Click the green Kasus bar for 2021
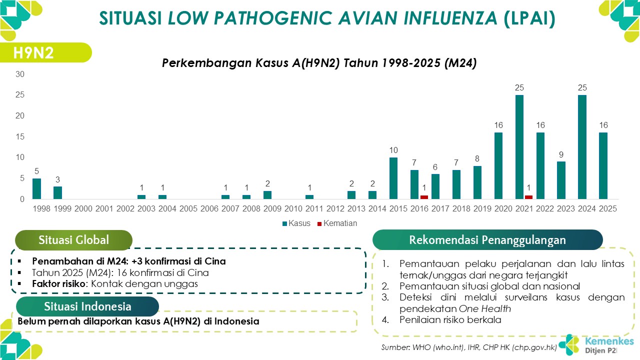pyautogui.click(x=519, y=146)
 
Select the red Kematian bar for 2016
pyautogui.click(x=424, y=197)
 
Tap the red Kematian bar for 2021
pyautogui.click(x=529, y=197)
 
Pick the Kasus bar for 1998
pyautogui.click(x=36, y=188)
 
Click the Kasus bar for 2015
pyautogui.click(x=393, y=178)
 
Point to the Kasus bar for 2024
pyautogui.click(x=582, y=146)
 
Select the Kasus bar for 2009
pyautogui.click(x=267, y=195)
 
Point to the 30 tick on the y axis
pyautogui.click(x=20, y=74)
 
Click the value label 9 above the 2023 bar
pyautogui.click(x=561, y=154)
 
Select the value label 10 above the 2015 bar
pyautogui.click(x=393, y=150)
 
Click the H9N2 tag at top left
pyautogui.click(x=34, y=52)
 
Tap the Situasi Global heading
pyautogui.click(x=73, y=240)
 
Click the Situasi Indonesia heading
pyautogui.click(x=87, y=306)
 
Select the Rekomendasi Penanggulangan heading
pyautogui.click(x=487, y=240)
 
